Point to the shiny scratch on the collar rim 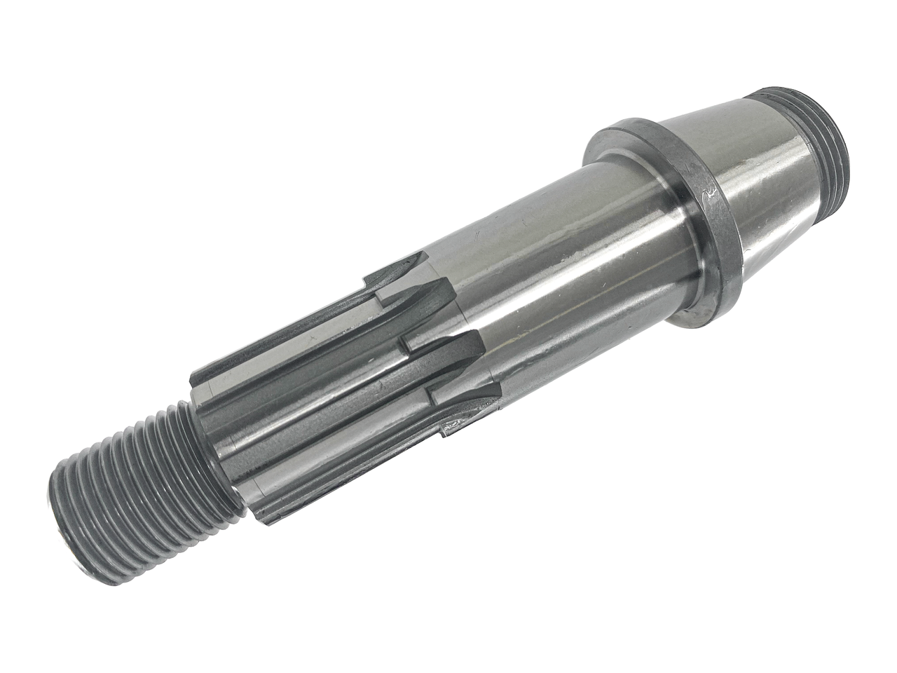coord(709,191)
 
